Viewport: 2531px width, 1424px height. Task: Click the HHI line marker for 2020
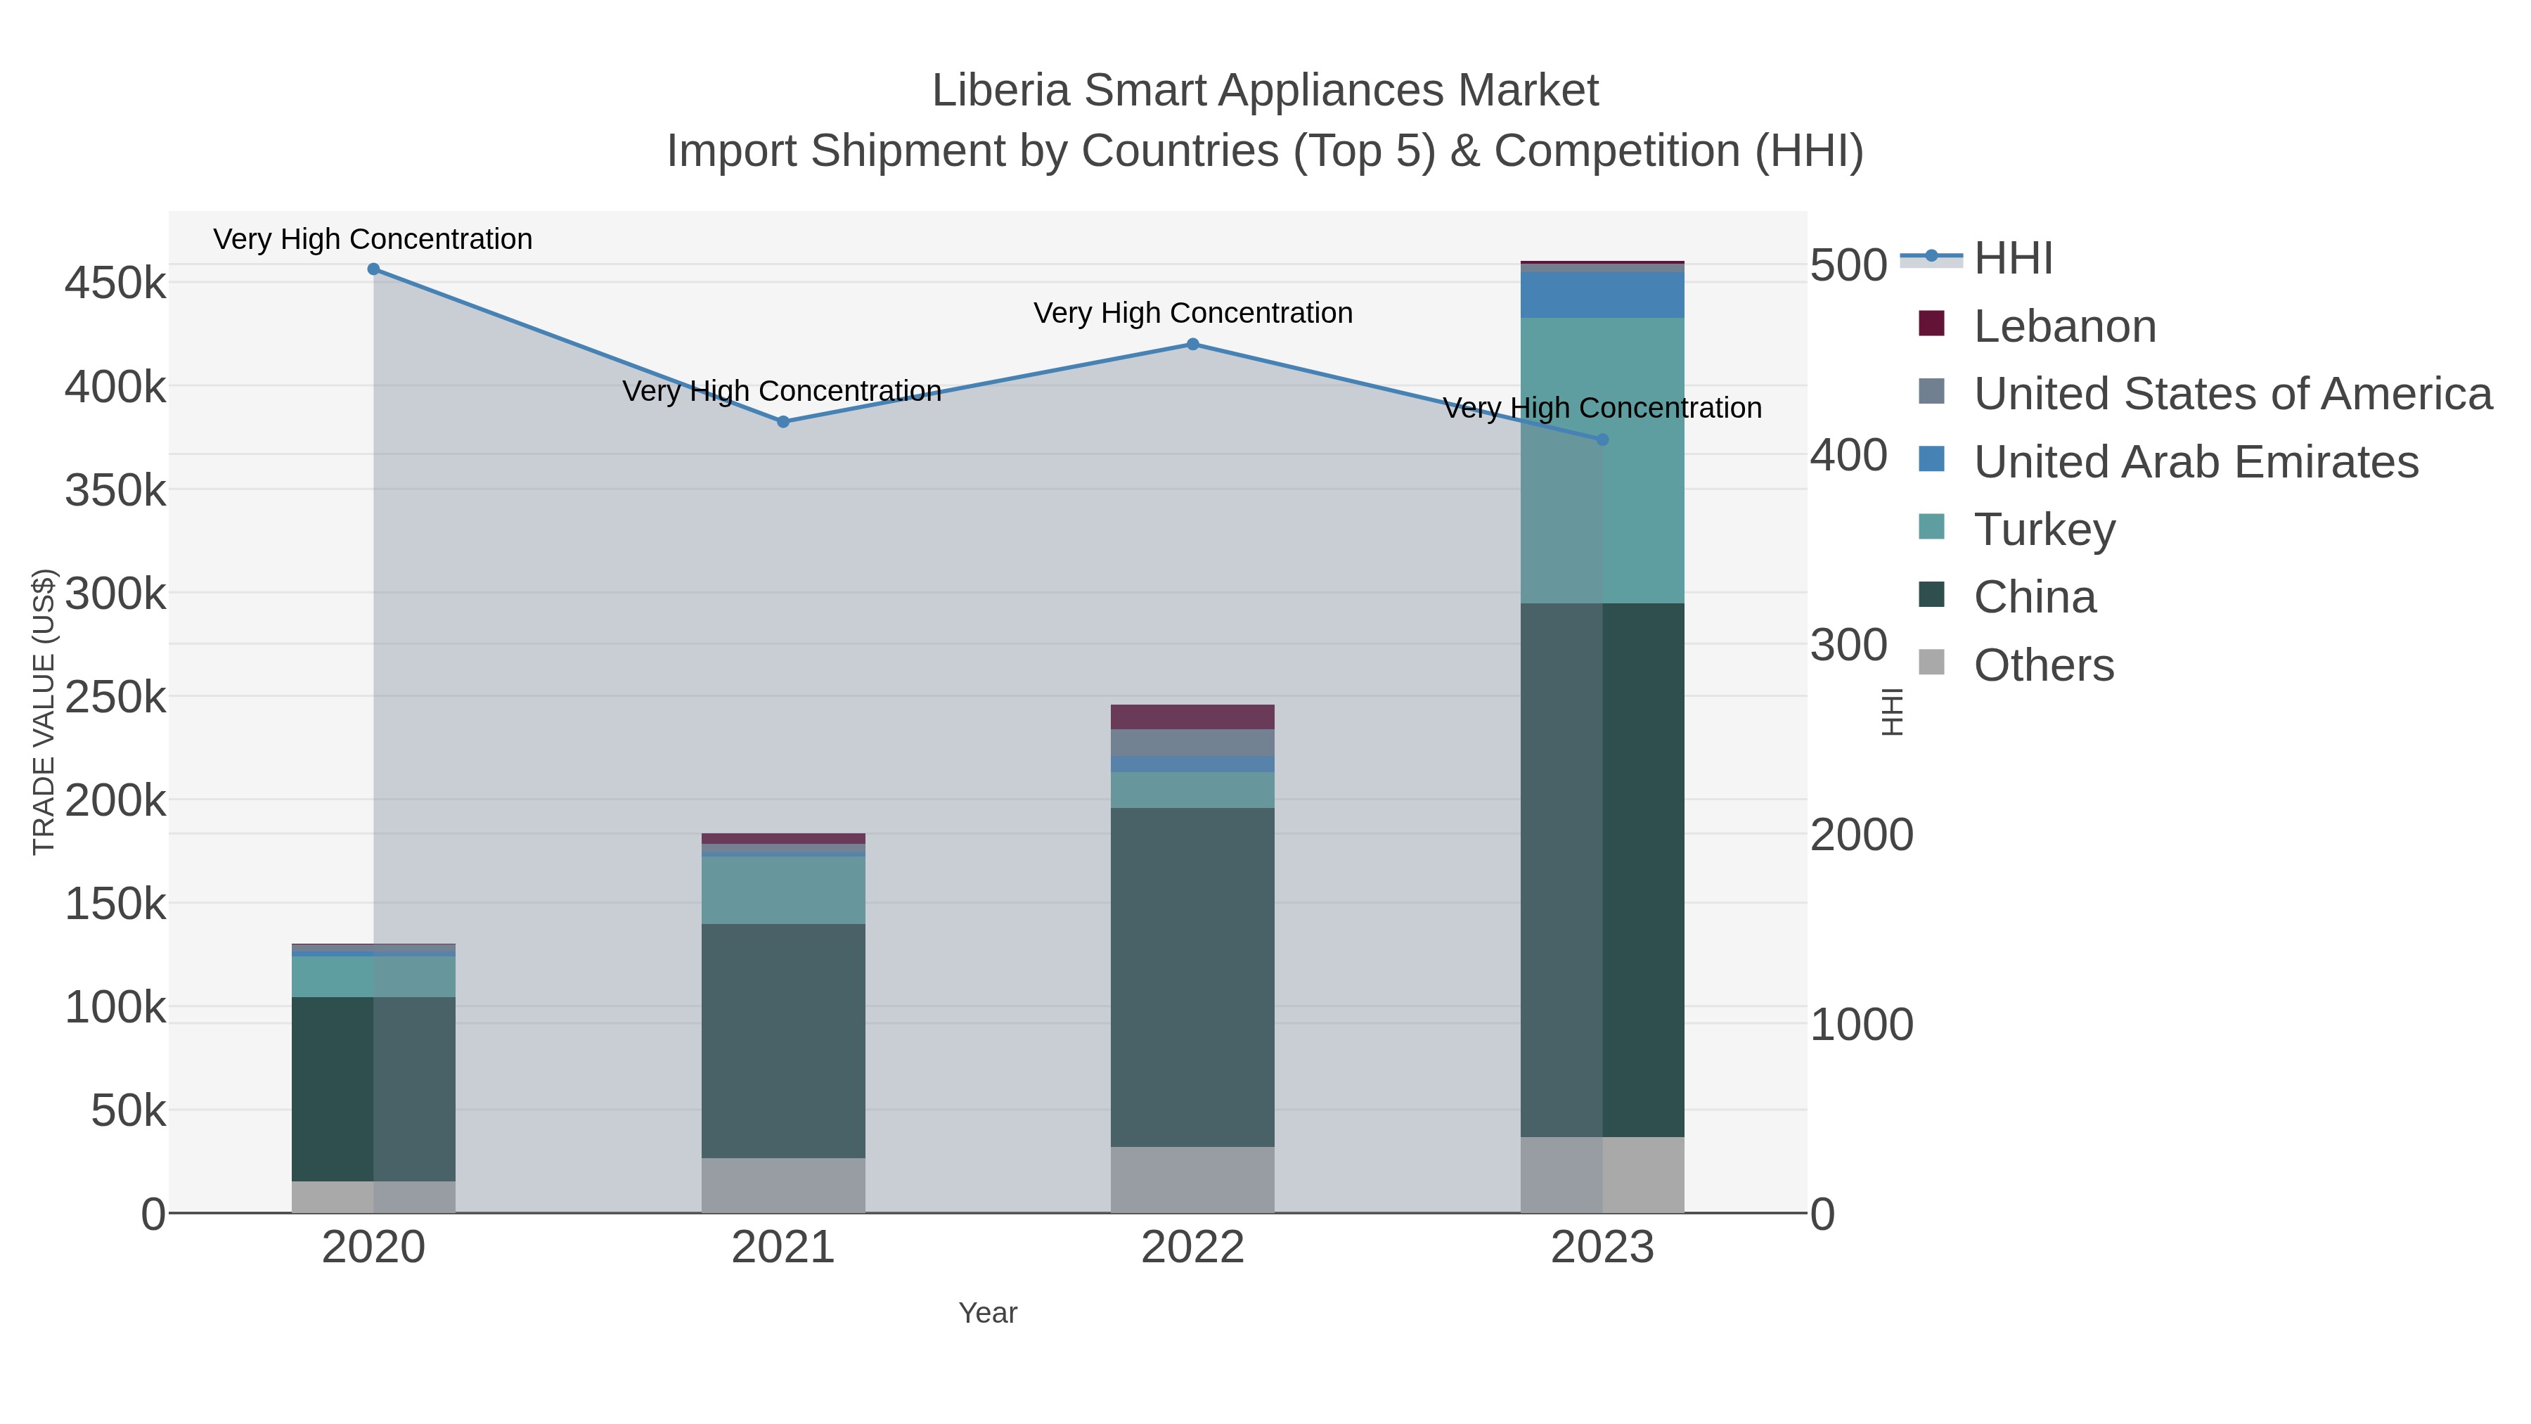click(x=373, y=269)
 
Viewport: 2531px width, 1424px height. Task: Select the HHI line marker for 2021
click(x=783, y=423)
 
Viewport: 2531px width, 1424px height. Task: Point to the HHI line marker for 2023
click(x=1602, y=440)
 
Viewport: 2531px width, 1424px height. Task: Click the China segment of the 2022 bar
click(x=1193, y=978)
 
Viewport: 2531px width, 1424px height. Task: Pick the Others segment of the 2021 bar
click(x=783, y=1186)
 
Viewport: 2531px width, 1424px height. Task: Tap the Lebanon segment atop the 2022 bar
click(x=1193, y=717)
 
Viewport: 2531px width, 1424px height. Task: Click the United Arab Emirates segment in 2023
click(x=1602, y=295)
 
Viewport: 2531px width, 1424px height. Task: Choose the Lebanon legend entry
click(x=2064, y=326)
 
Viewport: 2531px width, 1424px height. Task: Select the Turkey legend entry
click(x=2044, y=530)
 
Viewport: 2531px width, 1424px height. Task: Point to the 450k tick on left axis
click(x=115, y=284)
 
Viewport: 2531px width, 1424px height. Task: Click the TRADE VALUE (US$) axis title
click(x=44, y=712)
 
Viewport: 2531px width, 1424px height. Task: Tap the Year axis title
click(x=988, y=1313)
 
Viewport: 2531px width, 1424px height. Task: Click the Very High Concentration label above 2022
click(x=1193, y=314)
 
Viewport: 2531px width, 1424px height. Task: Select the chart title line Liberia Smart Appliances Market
click(x=1265, y=91)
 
